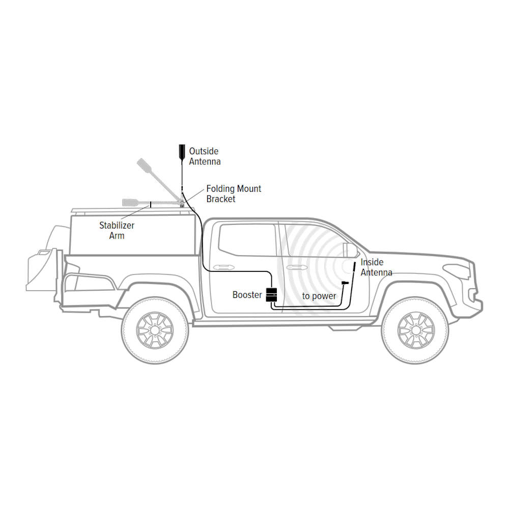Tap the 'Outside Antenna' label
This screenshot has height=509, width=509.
[205, 156]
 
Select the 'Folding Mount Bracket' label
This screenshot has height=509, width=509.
[234, 194]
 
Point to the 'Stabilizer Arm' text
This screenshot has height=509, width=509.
[117, 230]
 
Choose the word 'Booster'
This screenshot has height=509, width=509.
[247, 295]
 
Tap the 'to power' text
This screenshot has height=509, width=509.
[319, 296]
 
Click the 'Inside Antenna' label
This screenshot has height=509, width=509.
[376, 267]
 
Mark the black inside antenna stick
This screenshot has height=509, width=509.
[352, 268]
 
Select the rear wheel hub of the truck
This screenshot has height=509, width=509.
[155, 330]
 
